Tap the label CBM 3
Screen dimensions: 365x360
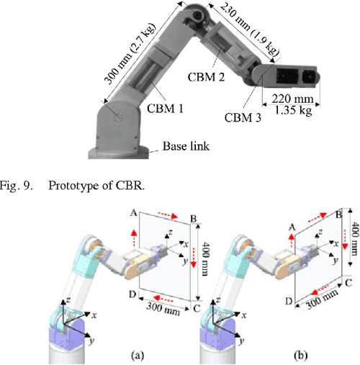(x=243, y=117)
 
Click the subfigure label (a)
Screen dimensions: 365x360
(x=107, y=356)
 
